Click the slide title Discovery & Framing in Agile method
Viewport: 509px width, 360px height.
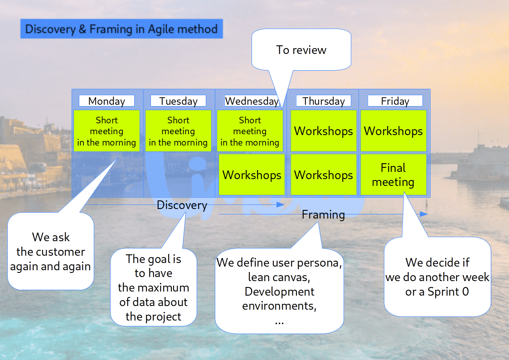tap(121, 29)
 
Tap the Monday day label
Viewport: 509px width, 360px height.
tap(107, 101)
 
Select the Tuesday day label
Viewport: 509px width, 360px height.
tap(178, 101)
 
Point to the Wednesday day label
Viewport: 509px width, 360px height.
tap(252, 101)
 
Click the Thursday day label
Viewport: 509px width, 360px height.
tap(324, 101)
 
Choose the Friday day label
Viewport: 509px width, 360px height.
tap(395, 101)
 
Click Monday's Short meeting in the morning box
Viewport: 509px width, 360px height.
tap(107, 131)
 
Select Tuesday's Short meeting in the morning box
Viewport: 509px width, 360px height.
tap(178, 131)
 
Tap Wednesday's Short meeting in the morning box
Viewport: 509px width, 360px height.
tap(250, 131)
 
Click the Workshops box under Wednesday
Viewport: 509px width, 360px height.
tap(252, 175)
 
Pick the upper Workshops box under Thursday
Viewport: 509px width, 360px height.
tap(324, 131)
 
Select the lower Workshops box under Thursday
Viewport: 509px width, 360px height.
tap(324, 175)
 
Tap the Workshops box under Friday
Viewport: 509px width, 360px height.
tap(393, 131)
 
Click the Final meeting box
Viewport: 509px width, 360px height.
tap(393, 175)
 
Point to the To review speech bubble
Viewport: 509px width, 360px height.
tap(301, 50)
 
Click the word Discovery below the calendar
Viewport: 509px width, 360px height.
tap(182, 205)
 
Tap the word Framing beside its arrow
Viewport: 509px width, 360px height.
tap(323, 214)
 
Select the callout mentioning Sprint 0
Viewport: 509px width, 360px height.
tap(437, 277)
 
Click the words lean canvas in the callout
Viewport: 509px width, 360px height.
tap(279, 277)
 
